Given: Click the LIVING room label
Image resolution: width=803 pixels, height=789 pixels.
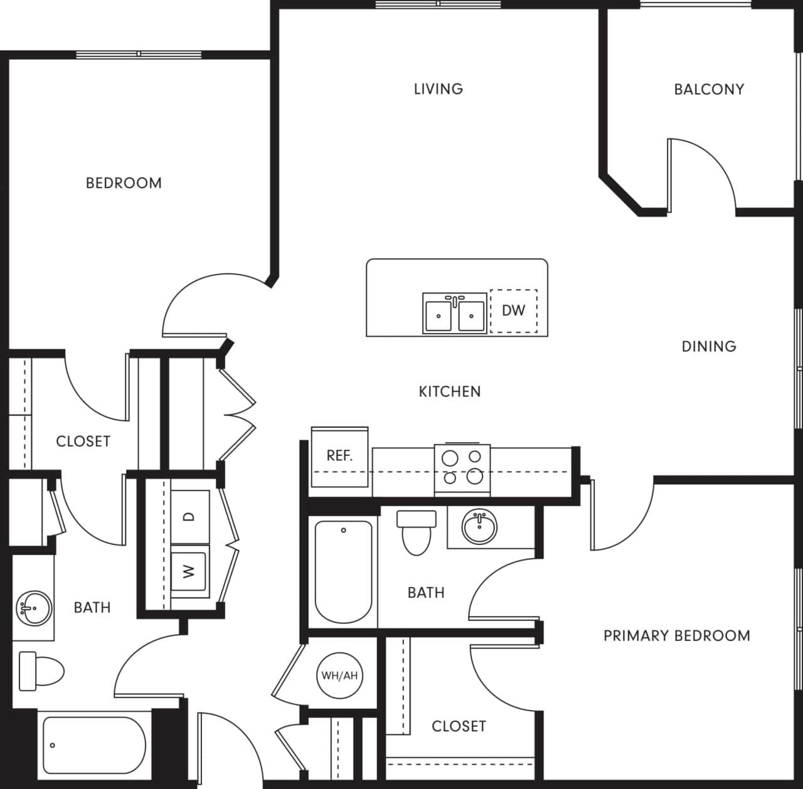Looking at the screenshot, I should tap(438, 89).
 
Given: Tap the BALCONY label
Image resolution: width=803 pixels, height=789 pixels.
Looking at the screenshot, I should tap(709, 90).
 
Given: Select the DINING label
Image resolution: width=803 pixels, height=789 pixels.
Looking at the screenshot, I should tap(709, 346).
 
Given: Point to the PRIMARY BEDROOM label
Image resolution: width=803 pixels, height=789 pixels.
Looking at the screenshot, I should tap(676, 636).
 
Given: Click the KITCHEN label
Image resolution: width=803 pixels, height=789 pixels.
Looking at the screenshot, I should tap(450, 392).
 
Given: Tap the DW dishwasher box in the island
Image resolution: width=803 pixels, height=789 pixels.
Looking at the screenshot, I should tap(513, 310).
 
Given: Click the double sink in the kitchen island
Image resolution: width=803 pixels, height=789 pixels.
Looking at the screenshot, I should tap(454, 313).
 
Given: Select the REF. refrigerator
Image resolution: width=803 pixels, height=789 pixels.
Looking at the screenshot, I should tap(339, 457).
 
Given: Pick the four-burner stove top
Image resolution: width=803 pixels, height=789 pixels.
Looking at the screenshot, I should tap(462, 468).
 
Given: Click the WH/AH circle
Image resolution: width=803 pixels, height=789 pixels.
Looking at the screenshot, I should tap(339, 675).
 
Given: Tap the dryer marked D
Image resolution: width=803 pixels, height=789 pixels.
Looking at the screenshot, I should tap(189, 517).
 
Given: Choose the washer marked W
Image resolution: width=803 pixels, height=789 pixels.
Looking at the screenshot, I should tap(189, 571).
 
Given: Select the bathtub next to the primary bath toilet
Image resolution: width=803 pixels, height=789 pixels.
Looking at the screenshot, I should tap(343, 572).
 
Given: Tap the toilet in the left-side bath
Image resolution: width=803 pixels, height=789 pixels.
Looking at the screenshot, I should tap(41, 671).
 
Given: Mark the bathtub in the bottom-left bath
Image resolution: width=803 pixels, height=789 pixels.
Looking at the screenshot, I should tap(94, 746).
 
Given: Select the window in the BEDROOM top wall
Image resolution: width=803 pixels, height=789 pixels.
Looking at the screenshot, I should tap(139, 55).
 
